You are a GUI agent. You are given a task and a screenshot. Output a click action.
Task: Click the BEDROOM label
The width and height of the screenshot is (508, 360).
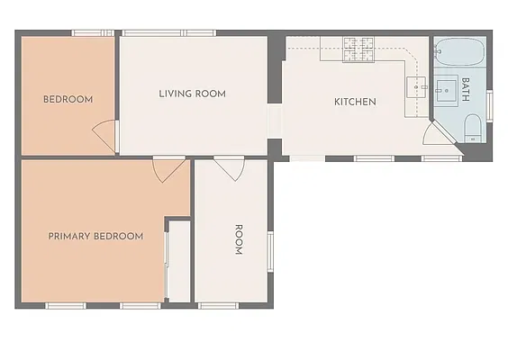[68, 99]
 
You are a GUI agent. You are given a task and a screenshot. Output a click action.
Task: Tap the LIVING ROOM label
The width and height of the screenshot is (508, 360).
[192, 94]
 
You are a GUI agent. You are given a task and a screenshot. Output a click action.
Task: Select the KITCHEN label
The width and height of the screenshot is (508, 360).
[355, 102]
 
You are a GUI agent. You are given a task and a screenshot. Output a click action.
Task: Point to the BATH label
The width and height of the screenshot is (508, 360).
[466, 89]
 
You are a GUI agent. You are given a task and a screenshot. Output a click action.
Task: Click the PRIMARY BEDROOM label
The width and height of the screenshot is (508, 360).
[95, 236]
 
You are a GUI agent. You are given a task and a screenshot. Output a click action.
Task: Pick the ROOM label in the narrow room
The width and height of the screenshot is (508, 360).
[239, 239]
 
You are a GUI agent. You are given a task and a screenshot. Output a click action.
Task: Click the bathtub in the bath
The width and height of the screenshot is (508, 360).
[459, 52]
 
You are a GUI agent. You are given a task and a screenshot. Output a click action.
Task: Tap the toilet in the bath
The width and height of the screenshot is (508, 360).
[473, 128]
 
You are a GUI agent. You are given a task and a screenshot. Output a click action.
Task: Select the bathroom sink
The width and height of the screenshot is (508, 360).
[446, 91]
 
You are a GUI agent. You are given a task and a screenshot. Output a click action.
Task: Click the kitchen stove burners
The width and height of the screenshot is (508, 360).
[358, 49]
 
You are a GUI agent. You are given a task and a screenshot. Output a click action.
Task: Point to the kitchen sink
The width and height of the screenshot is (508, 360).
[416, 86]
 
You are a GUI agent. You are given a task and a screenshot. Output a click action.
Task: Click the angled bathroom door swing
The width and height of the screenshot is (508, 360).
[440, 132]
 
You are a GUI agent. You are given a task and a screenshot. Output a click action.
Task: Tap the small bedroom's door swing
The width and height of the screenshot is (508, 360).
[104, 136]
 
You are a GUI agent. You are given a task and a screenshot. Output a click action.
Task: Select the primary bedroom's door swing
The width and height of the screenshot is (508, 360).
[169, 169]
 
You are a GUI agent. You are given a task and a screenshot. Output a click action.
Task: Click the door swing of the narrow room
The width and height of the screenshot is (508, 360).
[230, 168]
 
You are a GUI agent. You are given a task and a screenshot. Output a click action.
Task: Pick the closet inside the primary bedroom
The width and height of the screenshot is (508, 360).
[178, 261]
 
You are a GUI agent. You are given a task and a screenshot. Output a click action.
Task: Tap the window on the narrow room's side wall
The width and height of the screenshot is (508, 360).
[270, 251]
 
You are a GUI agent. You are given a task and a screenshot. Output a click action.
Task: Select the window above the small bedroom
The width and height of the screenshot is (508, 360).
[93, 33]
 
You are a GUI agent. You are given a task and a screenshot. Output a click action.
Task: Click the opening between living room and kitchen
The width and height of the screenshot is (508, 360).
[275, 121]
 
